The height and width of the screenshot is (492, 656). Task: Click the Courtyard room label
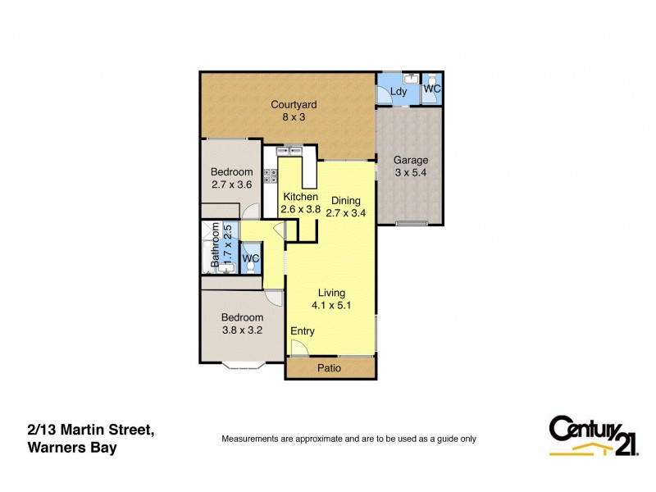[x=294, y=105]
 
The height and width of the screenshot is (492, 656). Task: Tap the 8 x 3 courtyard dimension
[x=294, y=117]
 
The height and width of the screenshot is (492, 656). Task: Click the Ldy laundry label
[x=399, y=92]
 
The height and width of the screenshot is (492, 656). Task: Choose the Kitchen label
[x=300, y=197]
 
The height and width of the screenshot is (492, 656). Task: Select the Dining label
[x=345, y=200]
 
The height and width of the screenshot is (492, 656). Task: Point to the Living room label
[x=331, y=293]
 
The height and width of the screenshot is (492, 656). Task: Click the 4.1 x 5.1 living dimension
[x=331, y=306]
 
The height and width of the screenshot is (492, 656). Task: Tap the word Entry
[x=303, y=331]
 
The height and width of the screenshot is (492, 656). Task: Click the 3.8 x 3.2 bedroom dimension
[x=241, y=330]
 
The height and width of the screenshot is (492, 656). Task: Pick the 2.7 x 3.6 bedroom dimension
[x=230, y=184]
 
